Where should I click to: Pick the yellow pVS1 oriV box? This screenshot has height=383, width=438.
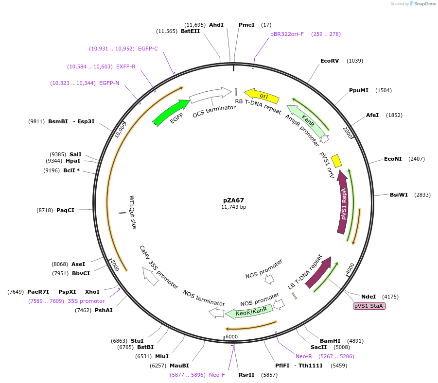point(336,161)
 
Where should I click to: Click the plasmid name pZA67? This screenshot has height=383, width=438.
point(233,200)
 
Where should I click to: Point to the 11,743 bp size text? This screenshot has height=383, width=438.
point(233,207)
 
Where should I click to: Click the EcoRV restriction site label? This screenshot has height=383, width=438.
point(330,61)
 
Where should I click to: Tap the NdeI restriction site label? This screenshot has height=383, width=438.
point(368,296)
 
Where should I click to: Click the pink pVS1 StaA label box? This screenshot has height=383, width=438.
point(369,306)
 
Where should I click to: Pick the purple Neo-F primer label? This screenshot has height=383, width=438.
point(217,375)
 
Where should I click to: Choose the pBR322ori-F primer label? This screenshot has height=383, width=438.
point(287,34)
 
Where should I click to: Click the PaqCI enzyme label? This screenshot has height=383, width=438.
point(65,210)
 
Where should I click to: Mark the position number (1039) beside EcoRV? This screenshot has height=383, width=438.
point(355,61)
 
